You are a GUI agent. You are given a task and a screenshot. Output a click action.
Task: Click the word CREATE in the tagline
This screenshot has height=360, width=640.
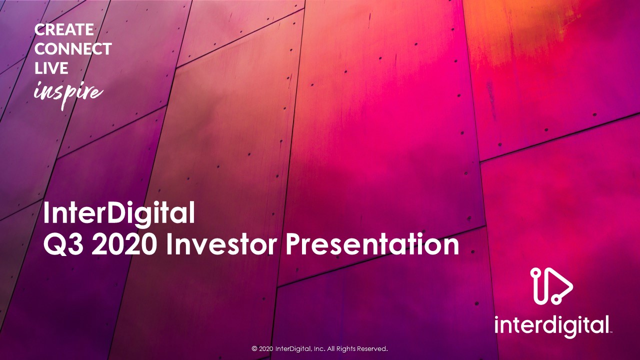click(x=64, y=29)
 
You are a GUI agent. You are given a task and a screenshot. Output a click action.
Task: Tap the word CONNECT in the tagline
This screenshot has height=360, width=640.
click(x=73, y=49)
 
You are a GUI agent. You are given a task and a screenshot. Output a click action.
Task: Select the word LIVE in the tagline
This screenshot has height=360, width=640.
click(x=51, y=68)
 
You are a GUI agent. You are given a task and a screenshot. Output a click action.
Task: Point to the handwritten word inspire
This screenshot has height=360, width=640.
click(x=68, y=93)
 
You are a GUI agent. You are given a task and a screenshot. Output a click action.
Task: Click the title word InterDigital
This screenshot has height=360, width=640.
click(x=119, y=213)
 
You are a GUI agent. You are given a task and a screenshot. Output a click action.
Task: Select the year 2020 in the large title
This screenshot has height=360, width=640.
click(x=124, y=244)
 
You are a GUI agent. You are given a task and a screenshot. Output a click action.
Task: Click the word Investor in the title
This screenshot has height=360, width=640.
click(x=221, y=244)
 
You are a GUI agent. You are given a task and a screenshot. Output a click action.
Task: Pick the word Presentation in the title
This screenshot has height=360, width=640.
click(x=372, y=244)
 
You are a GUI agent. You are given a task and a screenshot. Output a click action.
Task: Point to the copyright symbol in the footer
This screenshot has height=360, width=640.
click(x=254, y=349)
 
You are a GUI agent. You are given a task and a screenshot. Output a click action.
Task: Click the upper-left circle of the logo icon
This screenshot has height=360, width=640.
click(x=535, y=272)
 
